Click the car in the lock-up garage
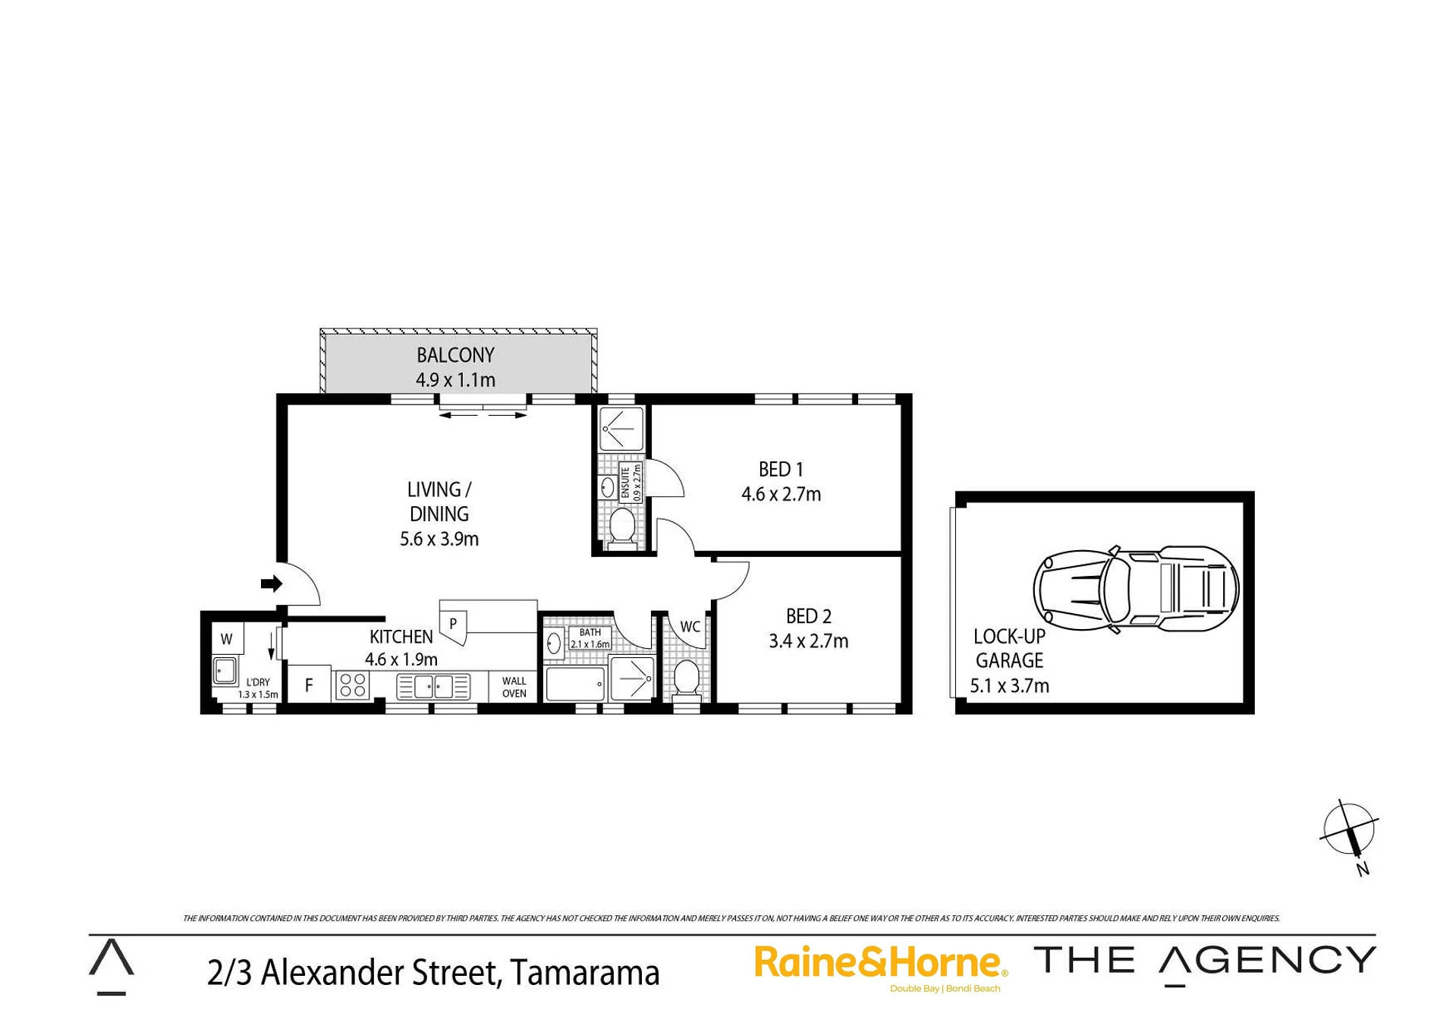1136,589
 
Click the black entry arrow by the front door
272,584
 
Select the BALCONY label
455,355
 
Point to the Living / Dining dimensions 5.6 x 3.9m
439,539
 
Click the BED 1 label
781,470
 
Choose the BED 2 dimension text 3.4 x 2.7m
809,641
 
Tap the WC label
690,627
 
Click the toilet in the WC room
687,677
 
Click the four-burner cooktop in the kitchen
353,685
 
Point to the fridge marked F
309,684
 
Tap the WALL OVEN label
514,688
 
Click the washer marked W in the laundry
226,639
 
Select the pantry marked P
454,624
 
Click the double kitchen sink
433,687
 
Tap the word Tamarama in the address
584,974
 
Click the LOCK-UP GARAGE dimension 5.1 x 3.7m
1009,686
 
